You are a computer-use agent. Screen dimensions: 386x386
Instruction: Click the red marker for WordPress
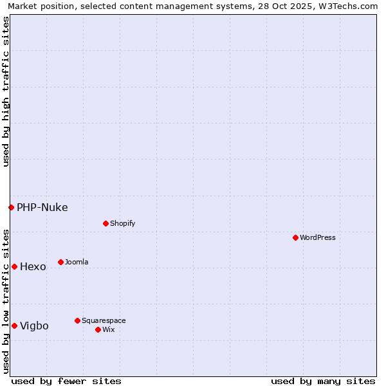(295, 237)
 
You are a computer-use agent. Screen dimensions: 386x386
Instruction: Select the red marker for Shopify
(106, 223)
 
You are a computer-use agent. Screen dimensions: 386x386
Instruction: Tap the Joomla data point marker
(60, 262)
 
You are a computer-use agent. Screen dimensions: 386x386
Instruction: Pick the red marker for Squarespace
(77, 320)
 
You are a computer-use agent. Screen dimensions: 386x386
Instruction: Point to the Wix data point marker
(98, 329)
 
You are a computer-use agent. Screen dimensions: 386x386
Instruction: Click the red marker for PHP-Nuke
(11, 207)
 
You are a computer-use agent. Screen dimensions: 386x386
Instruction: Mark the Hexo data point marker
(14, 266)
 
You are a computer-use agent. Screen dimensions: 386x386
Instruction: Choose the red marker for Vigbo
(14, 326)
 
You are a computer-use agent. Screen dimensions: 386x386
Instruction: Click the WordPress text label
(318, 237)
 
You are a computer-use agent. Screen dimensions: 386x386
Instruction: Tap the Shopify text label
(123, 223)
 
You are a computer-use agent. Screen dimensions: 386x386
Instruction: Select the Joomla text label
(77, 262)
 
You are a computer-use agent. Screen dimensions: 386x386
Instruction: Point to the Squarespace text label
(104, 320)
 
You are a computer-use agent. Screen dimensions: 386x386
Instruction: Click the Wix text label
(109, 329)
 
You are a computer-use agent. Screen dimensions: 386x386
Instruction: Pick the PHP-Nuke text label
(42, 207)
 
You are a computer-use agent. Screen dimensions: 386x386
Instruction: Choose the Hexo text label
(33, 266)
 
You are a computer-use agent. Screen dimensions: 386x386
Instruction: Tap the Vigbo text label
(35, 326)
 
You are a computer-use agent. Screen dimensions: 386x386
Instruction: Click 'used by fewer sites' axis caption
(66, 381)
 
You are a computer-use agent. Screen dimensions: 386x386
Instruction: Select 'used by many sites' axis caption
(323, 381)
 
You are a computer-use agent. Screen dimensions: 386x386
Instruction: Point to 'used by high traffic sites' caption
(6, 91)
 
